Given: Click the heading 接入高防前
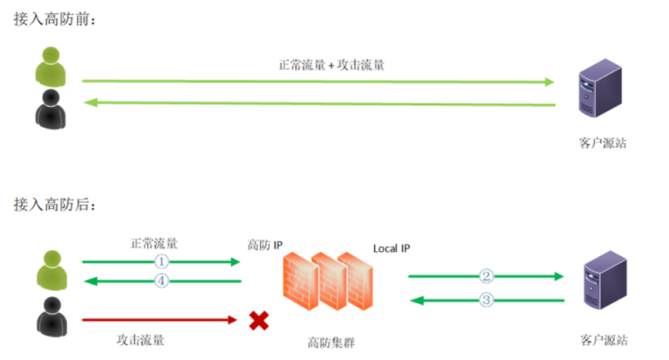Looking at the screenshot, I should (55, 20).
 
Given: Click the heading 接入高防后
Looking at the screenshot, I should (55, 205).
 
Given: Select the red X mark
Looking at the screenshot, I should (258, 320).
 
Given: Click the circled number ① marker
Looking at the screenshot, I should (161, 262).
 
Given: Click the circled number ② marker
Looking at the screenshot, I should (486, 276).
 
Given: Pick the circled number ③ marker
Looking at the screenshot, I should (486, 301).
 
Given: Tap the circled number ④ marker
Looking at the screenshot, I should (161, 281).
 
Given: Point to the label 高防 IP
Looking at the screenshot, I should (265, 245).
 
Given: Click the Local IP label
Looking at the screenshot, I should (391, 248).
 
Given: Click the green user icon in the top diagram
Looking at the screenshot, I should (50, 65).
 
